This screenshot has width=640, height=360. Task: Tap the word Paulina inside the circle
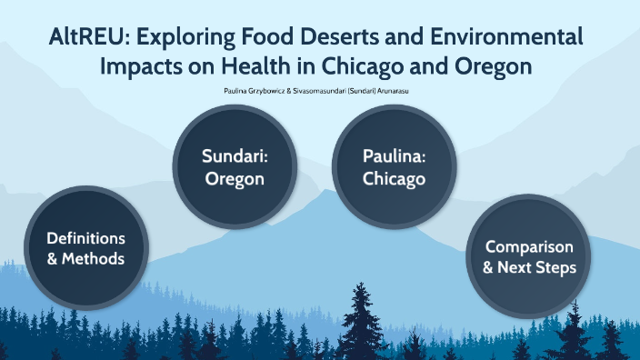394,157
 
